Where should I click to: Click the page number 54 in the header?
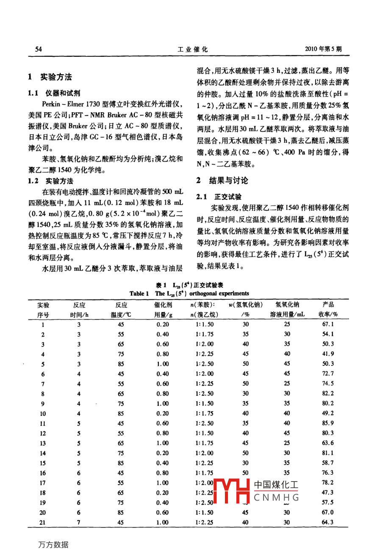click(38, 49)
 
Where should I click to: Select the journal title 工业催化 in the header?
click(193, 49)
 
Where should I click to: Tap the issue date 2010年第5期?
click(323, 49)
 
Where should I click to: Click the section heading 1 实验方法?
click(50, 77)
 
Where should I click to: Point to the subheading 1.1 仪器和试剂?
click(54, 93)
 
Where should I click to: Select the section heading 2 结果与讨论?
click(222, 180)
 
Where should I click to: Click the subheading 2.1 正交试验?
click(219, 196)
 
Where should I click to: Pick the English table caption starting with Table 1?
click(189, 293)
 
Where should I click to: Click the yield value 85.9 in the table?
click(327, 423)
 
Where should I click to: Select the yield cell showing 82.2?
click(327, 393)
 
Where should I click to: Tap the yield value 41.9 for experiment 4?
click(327, 354)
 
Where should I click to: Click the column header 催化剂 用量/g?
click(163, 310)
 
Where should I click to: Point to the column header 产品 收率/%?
click(328, 310)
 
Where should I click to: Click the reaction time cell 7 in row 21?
click(79, 522)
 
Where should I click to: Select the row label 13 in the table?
click(43, 443)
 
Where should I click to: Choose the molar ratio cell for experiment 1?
click(205, 324)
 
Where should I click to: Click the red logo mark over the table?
click(231, 491)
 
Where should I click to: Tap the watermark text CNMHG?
click(276, 498)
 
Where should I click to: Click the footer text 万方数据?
click(53, 545)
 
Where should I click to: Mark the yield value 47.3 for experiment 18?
click(327, 493)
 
